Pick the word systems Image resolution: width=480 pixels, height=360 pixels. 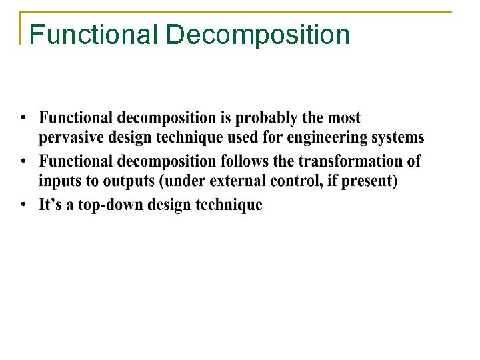[399, 139]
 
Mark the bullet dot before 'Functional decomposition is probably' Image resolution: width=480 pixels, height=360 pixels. [23, 119]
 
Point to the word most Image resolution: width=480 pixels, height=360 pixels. [344, 119]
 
